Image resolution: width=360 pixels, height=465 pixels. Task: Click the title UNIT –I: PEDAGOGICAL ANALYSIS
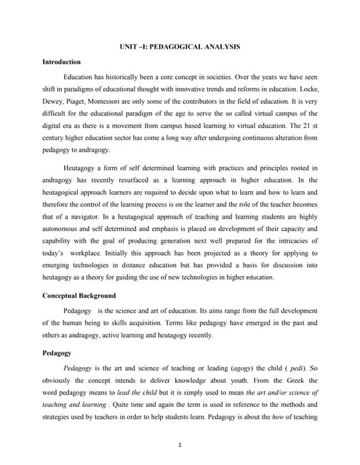tap(180, 46)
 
